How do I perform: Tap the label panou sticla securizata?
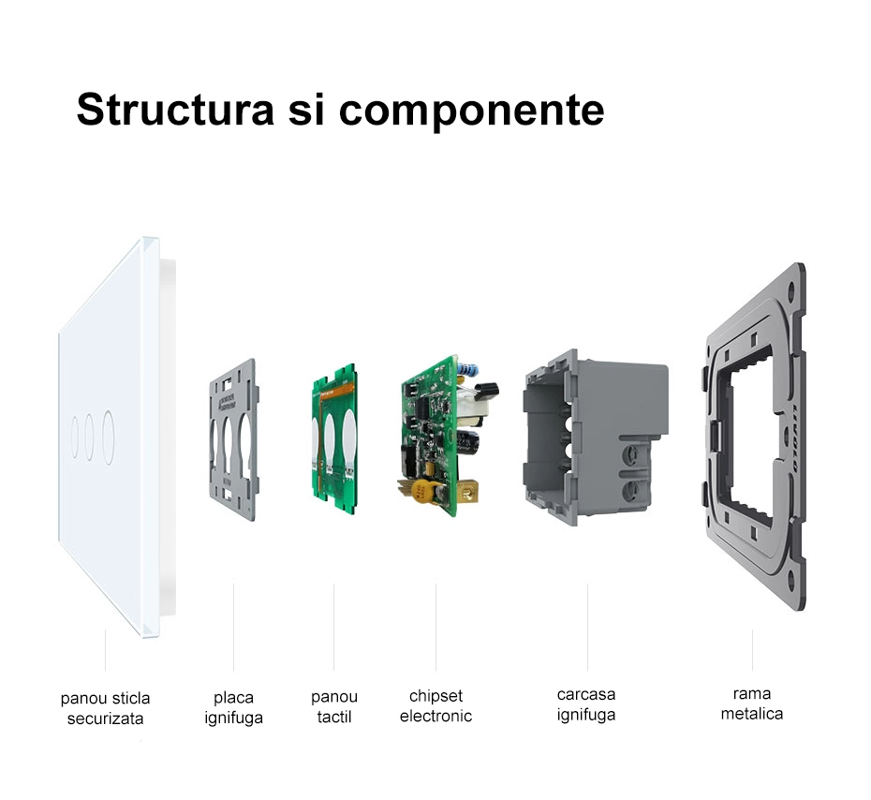105,708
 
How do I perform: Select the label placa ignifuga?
233,707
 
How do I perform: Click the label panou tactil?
334,707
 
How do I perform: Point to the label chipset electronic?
435,706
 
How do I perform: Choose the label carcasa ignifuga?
586,704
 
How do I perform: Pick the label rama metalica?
751,704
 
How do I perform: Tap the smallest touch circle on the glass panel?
74,437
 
